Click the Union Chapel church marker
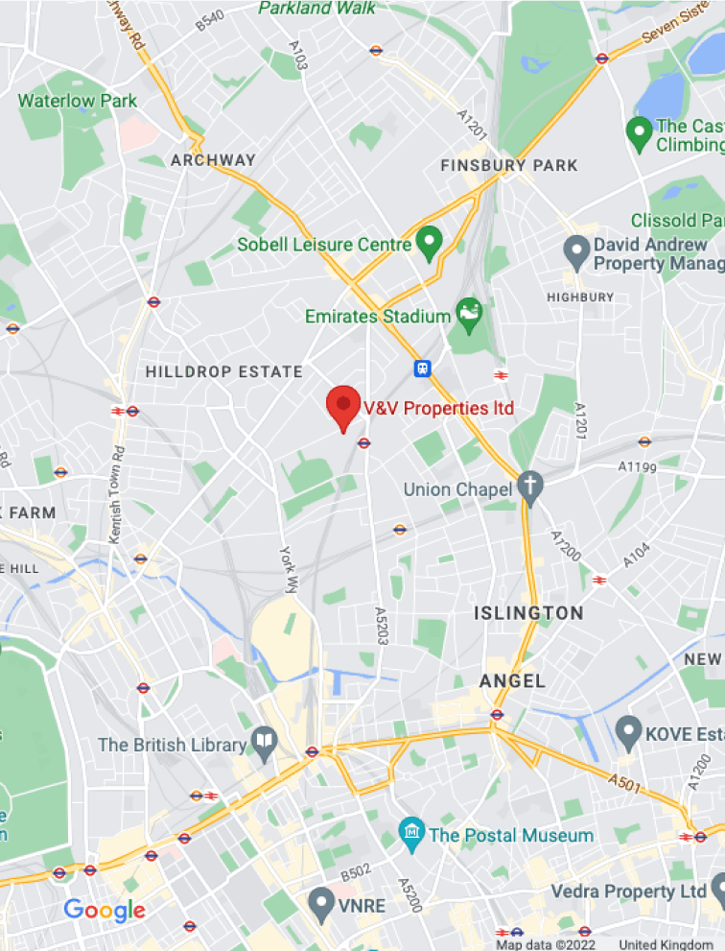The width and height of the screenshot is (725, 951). pyautogui.click(x=529, y=487)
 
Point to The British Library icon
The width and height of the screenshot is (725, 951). pyautogui.click(x=264, y=742)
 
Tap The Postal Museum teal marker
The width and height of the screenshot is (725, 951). pyautogui.click(x=411, y=834)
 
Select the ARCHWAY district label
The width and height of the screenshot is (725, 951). pyautogui.click(x=213, y=160)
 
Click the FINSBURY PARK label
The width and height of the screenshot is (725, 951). pyautogui.click(x=509, y=165)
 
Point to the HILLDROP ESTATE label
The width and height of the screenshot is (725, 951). pyautogui.click(x=223, y=371)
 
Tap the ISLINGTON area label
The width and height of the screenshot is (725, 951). pyautogui.click(x=528, y=612)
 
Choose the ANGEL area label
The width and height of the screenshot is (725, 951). pyautogui.click(x=512, y=680)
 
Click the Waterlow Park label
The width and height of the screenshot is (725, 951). pyautogui.click(x=78, y=101)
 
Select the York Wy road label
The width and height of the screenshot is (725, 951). pyautogui.click(x=289, y=570)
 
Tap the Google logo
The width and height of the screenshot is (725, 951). pyautogui.click(x=104, y=911)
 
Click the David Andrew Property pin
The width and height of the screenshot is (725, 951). pyautogui.click(x=575, y=252)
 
